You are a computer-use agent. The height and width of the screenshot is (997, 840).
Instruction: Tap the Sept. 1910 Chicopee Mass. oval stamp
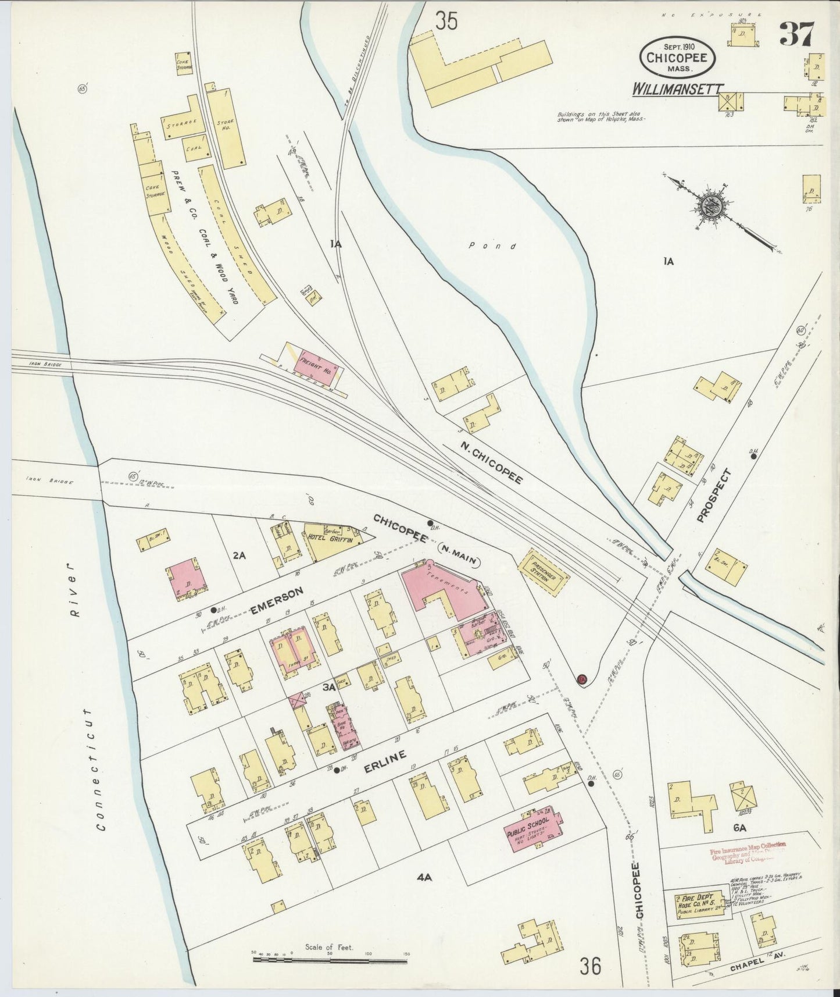pos(678,56)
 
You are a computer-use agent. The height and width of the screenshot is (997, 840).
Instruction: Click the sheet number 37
pos(798,33)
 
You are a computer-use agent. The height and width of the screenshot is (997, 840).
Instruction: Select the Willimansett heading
pos(678,89)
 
